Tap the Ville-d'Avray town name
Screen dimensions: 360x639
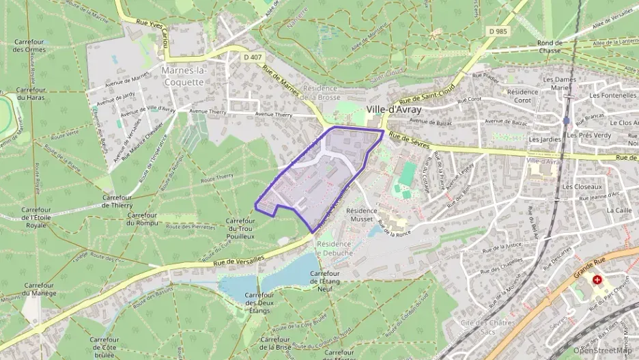point(394,109)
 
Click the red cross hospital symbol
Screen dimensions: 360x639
point(598,280)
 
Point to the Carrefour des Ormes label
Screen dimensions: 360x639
point(29,46)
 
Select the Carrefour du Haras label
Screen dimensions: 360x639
point(30,94)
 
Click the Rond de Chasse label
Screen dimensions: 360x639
point(550,46)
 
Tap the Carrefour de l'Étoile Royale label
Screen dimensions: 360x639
point(35,217)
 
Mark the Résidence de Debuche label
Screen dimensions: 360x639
point(334,248)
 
